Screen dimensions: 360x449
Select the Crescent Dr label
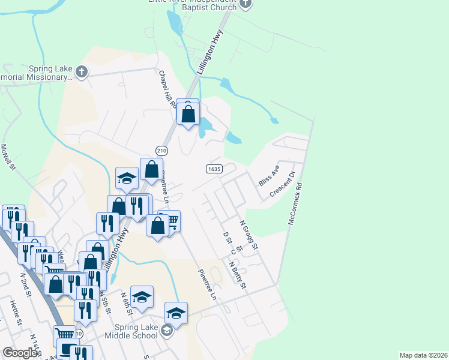click(x=283, y=184)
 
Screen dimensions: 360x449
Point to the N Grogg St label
click(x=249, y=235)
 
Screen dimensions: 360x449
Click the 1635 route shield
click(x=214, y=169)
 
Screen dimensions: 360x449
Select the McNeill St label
click(x=8, y=157)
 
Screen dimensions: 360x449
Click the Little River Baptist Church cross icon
click(x=244, y=4)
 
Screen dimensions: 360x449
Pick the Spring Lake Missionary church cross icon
click(x=82, y=73)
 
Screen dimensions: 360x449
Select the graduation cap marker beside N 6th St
click(x=142, y=296)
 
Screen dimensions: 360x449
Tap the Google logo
click(x=20, y=353)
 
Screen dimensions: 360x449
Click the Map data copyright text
click(x=423, y=355)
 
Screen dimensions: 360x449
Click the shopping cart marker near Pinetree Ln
click(x=171, y=221)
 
